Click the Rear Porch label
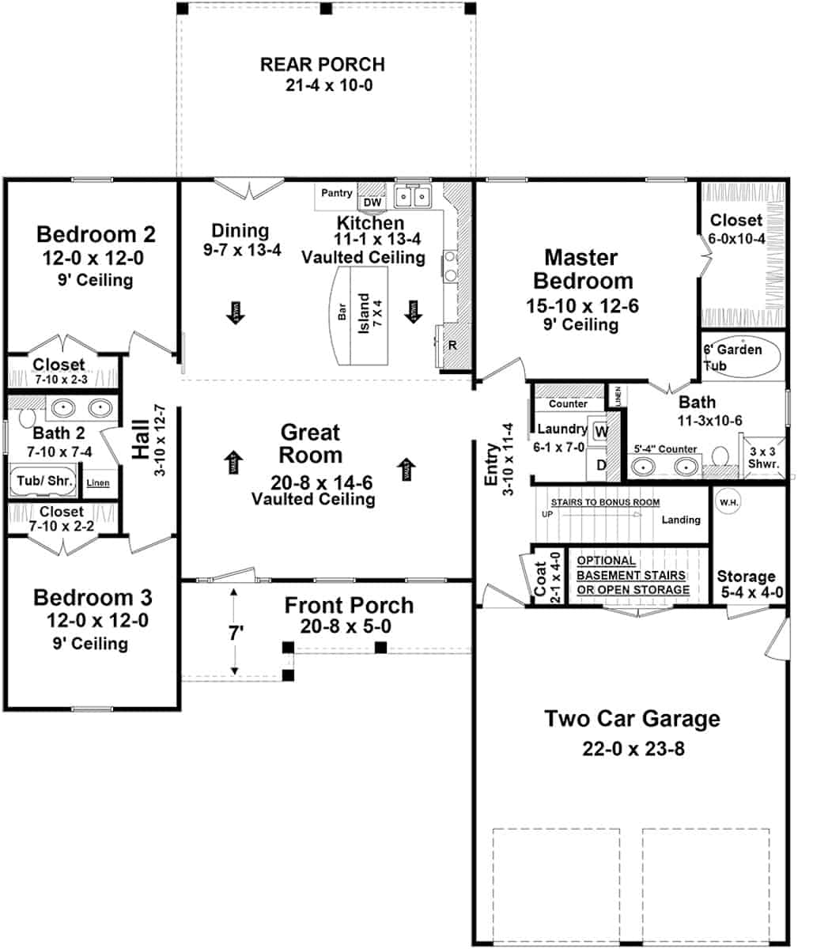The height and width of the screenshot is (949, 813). point(323,64)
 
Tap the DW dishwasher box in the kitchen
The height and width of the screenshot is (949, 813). point(372,202)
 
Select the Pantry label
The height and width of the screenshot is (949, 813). point(337,193)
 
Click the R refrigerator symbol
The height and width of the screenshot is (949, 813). point(452,346)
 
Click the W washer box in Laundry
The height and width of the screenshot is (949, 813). point(600,432)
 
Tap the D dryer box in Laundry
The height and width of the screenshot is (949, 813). point(600,465)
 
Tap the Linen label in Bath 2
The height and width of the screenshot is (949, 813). point(98,482)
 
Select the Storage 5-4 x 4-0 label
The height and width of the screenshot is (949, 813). point(746,584)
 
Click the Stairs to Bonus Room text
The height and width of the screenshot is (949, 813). point(605,502)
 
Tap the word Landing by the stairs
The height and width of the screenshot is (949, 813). point(681,520)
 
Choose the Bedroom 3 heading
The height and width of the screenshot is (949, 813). point(93,598)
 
